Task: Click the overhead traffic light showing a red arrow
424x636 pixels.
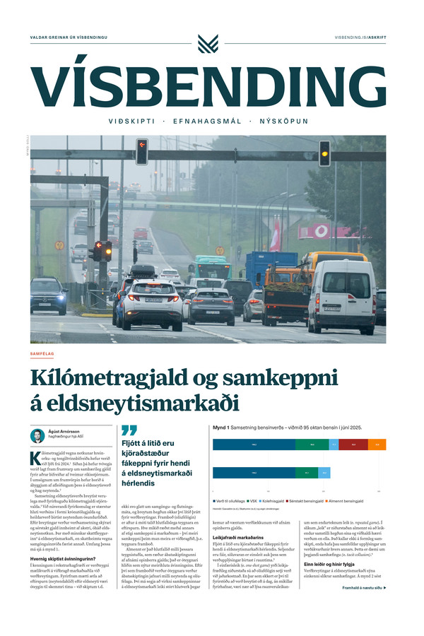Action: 142,153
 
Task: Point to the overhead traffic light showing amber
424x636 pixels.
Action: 324,153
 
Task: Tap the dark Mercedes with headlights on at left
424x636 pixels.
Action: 48,295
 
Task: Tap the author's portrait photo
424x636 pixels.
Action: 37,435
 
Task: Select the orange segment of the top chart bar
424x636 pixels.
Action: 377,444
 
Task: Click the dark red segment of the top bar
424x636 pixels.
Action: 353,444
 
